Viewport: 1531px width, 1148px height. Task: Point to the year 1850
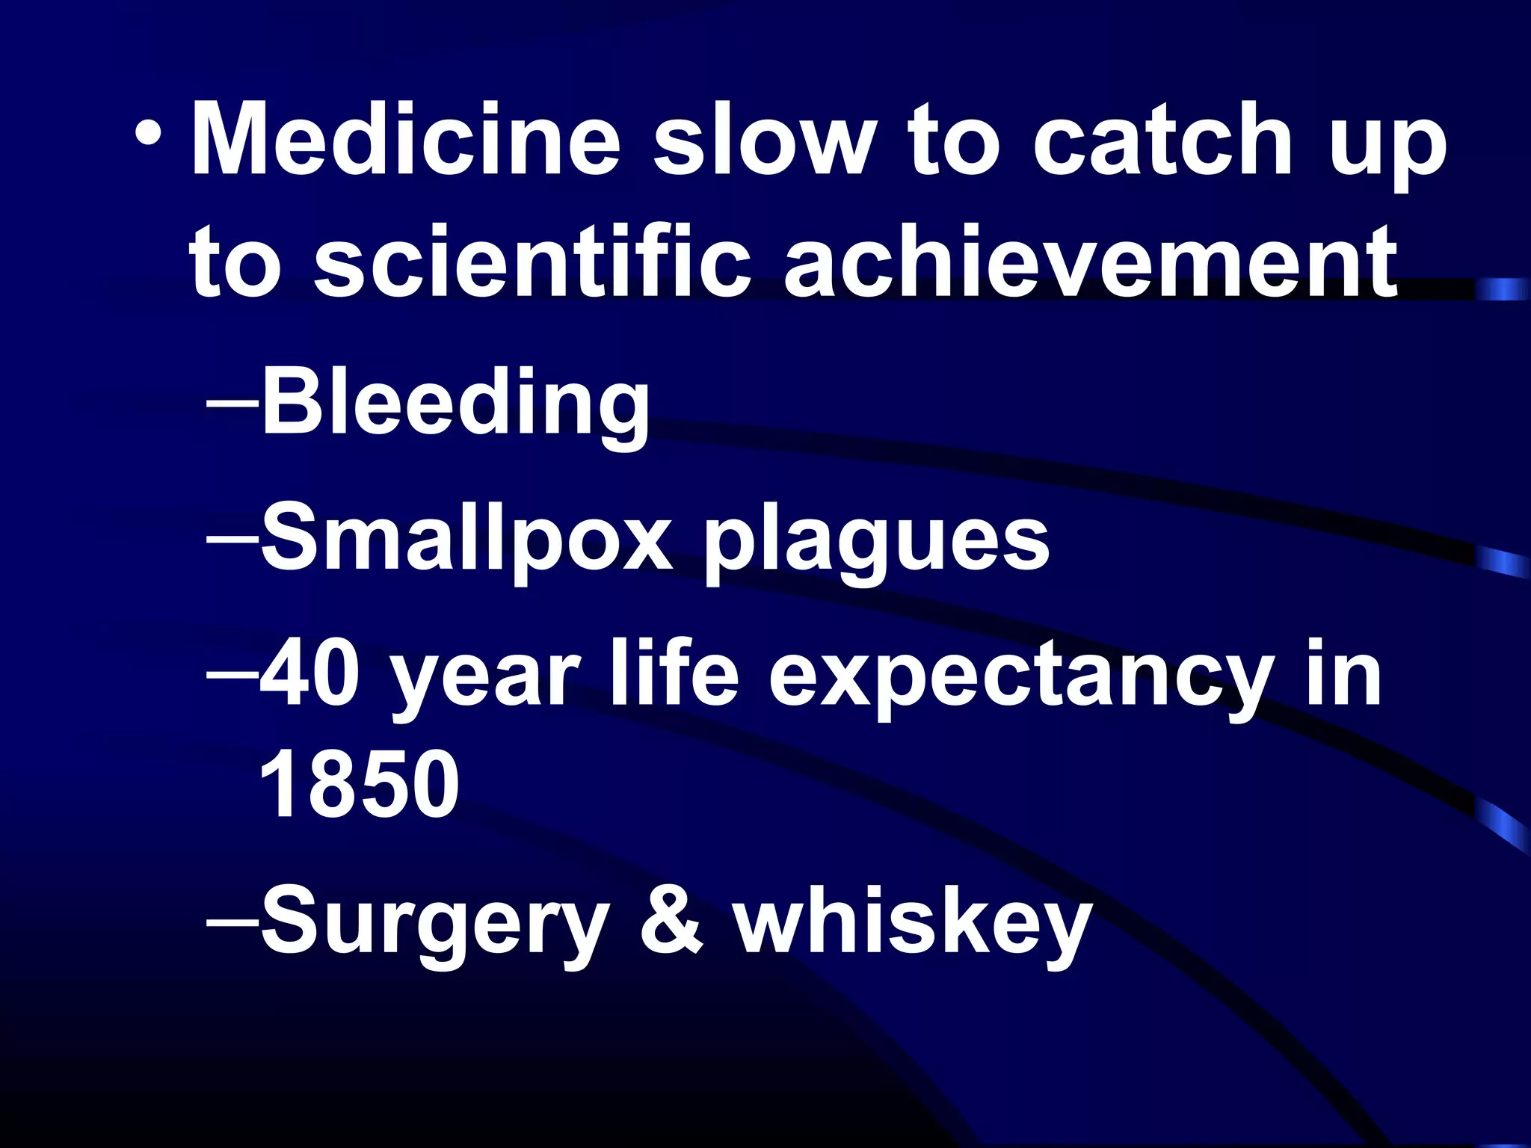click(359, 785)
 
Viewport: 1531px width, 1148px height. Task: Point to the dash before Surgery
click(232, 918)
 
